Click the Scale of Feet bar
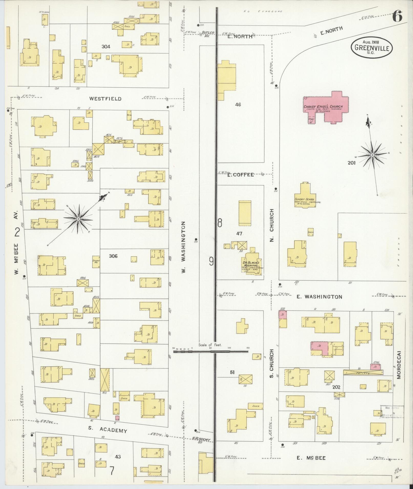(x=211, y=352)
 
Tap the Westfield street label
(x=105, y=99)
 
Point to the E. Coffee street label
(x=240, y=175)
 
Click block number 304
(x=106, y=47)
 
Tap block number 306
(x=113, y=256)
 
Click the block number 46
(x=238, y=105)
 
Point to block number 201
(x=351, y=163)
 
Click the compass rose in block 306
(x=78, y=219)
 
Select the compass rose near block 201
(x=373, y=155)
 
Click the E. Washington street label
(x=319, y=297)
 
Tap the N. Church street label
(x=272, y=225)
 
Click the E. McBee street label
(x=311, y=458)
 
